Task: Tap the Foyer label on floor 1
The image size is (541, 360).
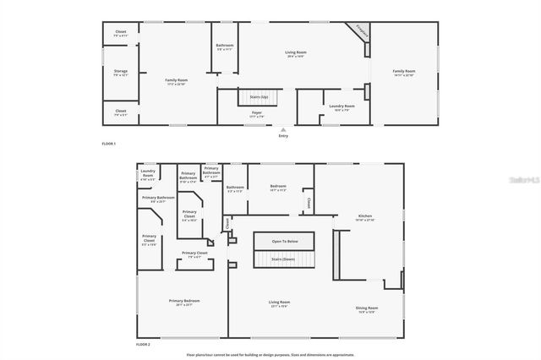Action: [256, 112]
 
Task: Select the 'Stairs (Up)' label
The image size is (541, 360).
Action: [256, 96]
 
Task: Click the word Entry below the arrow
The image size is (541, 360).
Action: [281, 135]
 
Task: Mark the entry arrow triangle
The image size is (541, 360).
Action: [281, 128]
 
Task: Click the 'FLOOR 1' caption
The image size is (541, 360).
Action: [108, 144]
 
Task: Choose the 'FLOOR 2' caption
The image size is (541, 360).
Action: [143, 345]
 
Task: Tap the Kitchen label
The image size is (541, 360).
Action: [364, 216]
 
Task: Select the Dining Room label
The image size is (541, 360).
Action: [367, 308]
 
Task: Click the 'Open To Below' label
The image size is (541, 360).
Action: [283, 241]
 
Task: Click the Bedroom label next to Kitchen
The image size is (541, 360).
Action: [278, 186]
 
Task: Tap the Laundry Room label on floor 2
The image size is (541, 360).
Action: [148, 174]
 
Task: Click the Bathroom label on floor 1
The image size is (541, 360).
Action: [224, 46]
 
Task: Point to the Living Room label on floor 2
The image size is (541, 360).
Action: [279, 302]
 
